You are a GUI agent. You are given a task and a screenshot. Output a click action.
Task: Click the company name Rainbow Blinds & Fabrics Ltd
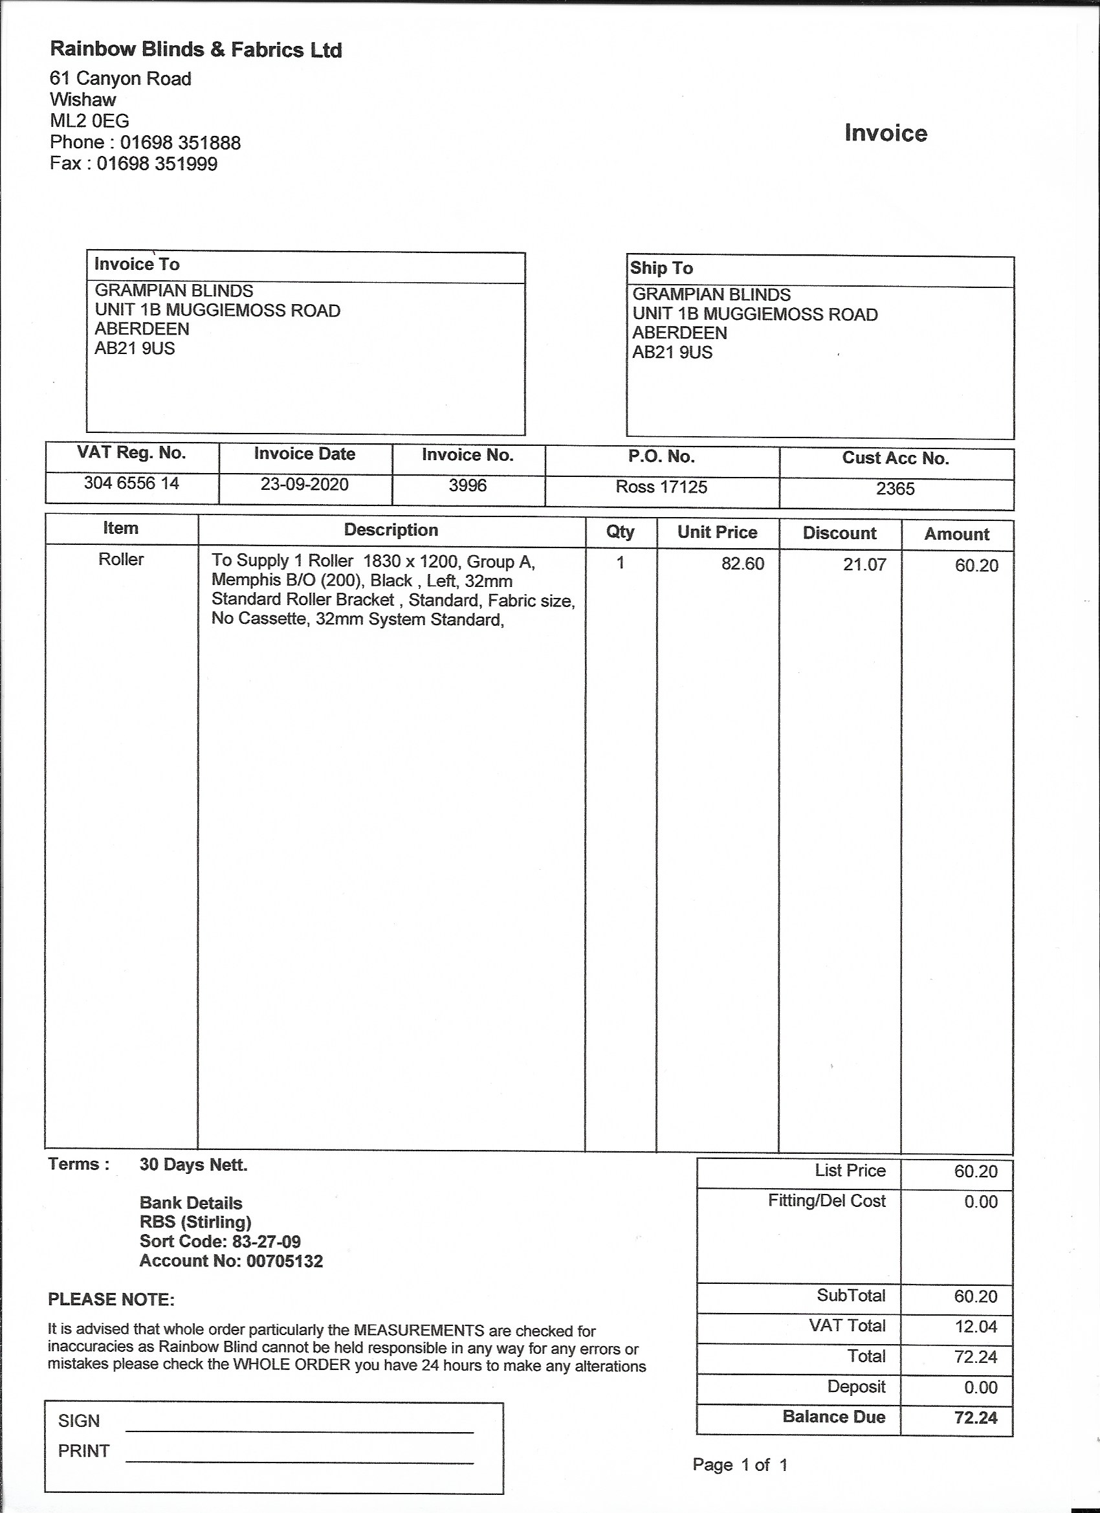tap(196, 50)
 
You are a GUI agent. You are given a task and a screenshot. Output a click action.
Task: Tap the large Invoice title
tap(885, 133)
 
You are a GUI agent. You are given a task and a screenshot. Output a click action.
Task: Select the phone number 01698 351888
tap(180, 143)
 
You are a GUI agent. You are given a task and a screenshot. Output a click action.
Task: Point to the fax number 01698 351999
tap(157, 164)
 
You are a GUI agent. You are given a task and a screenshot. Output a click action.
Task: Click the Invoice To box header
tap(137, 264)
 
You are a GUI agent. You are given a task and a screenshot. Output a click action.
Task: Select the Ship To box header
tap(661, 268)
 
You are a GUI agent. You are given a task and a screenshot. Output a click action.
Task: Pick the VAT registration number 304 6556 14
tap(131, 483)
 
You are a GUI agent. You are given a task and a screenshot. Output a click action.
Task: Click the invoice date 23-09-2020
tap(304, 484)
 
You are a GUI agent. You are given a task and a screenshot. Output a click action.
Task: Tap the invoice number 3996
tap(467, 485)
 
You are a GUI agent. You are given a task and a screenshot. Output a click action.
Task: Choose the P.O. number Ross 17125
tap(661, 487)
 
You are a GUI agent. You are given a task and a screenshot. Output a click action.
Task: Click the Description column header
tap(391, 531)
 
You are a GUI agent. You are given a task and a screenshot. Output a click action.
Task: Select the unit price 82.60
tap(742, 564)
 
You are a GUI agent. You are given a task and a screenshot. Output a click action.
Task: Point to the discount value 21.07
tap(864, 565)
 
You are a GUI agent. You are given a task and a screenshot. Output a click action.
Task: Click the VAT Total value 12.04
tap(975, 1326)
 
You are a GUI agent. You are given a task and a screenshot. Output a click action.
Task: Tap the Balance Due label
tap(834, 1417)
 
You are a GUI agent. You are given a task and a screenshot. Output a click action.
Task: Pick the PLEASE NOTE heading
tap(111, 1299)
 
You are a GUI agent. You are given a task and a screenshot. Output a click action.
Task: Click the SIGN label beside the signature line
tap(79, 1421)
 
